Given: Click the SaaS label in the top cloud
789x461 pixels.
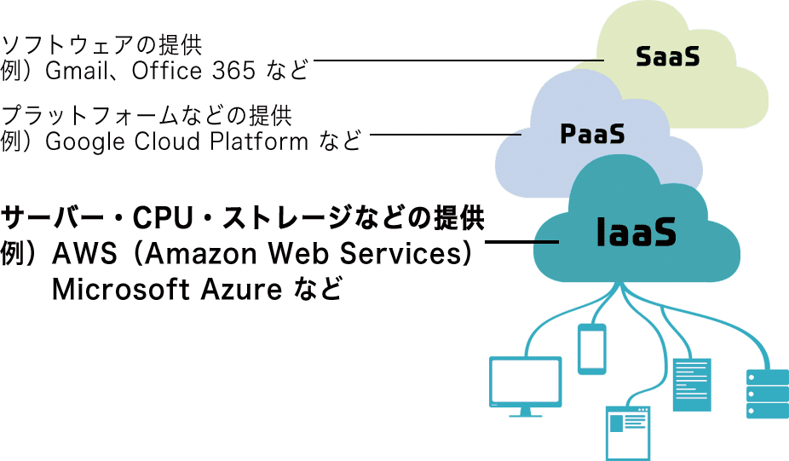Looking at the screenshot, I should (667, 57).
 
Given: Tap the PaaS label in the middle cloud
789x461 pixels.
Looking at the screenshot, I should (592, 133).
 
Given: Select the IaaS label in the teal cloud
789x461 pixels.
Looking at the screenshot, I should (636, 232).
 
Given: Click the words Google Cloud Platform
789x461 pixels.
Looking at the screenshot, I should (176, 141).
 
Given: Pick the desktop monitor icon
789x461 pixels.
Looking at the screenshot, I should (525, 385).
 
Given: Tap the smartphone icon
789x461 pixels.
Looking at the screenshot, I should (591, 349).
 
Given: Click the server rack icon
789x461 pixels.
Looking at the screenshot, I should (767, 393).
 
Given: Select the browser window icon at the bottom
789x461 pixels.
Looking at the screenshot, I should (627, 433).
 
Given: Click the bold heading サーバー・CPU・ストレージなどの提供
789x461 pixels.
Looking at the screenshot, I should (242, 219).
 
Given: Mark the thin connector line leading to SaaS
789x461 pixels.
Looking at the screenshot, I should (460, 61).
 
